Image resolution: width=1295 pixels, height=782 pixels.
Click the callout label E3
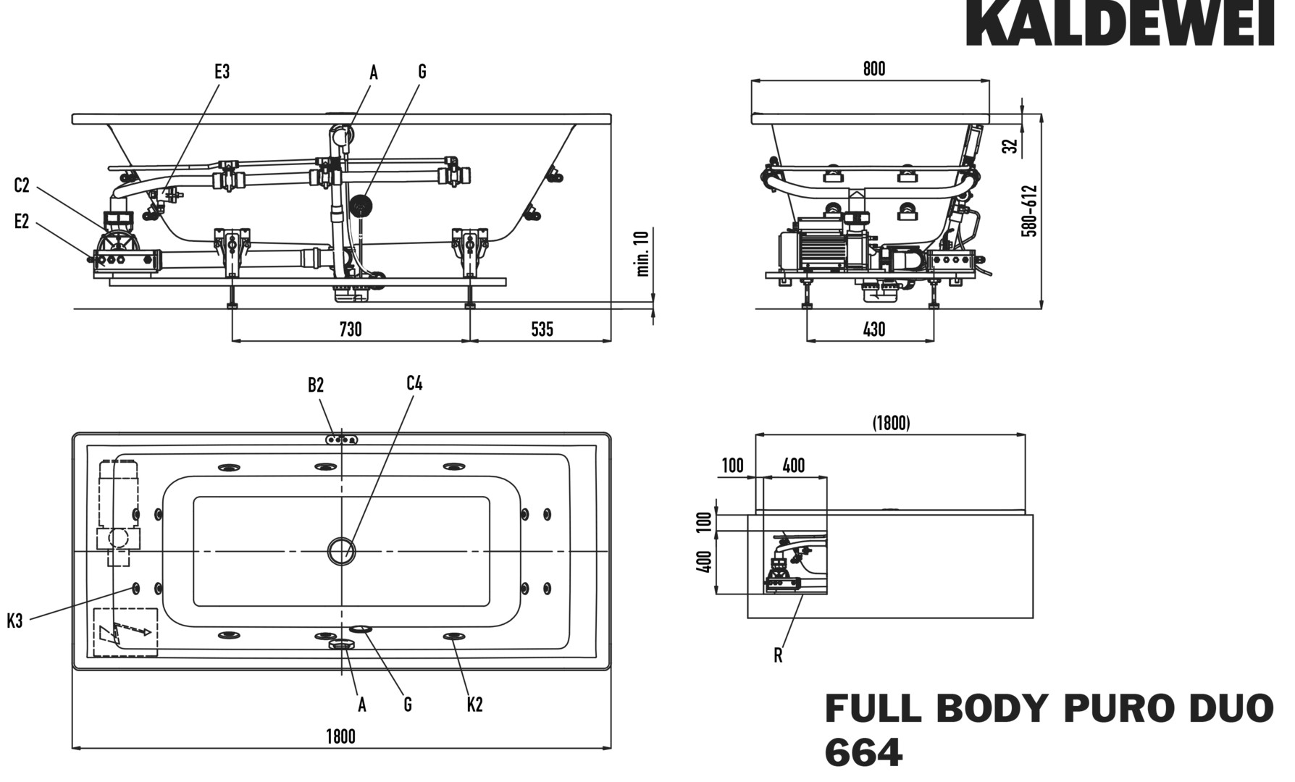tap(222, 72)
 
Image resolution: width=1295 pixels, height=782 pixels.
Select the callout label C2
tap(22, 185)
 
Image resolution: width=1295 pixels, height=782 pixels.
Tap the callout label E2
tap(22, 222)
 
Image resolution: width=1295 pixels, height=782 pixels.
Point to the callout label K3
tap(15, 621)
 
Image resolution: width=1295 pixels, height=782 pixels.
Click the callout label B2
tap(316, 385)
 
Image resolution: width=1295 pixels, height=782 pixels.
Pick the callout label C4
tap(414, 384)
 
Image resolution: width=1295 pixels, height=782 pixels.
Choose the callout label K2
tap(474, 704)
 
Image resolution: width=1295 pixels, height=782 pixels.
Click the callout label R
tap(778, 655)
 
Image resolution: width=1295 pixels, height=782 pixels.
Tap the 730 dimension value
tap(351, 329)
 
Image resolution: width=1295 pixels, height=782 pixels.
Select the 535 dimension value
tap(542, 329)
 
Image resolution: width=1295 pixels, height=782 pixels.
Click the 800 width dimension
tap(874, 69)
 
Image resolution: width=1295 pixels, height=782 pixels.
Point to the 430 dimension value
tap(874, 329)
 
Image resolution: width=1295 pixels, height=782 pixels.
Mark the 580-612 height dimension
tap(1029, 211)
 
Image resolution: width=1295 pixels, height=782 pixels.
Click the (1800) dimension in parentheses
tap(891, 423)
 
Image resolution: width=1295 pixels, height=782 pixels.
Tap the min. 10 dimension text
tap(642, 253)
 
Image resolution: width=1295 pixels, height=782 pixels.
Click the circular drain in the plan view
tap(341, 551)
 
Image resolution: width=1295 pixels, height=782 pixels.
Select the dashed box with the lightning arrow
tap(126, 631)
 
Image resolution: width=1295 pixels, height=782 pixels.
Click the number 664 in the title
tap(863, 753)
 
